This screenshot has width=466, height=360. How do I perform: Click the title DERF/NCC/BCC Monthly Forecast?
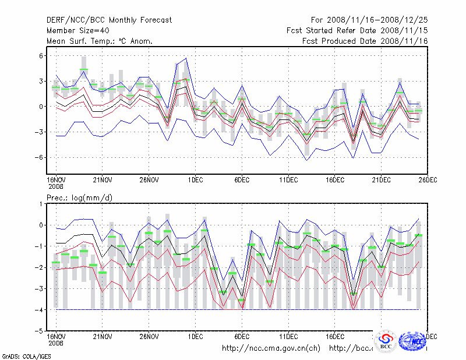[109, 20]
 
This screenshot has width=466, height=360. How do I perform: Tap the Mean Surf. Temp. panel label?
[100, 41]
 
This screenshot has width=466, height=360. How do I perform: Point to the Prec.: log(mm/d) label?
[79, 198]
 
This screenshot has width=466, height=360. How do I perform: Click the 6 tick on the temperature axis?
[41, 56]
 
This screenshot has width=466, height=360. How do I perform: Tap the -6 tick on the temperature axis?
[40, 157]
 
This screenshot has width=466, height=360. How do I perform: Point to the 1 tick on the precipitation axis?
[41, 204]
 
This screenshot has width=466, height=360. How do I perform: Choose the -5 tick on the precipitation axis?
[40, 331]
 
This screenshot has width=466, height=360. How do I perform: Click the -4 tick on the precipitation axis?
[40, 310]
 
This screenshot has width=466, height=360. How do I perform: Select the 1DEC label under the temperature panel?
[195, 179]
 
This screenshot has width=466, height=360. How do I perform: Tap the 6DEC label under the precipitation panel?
[242, 337]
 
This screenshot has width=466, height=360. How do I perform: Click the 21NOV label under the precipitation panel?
[103, 337]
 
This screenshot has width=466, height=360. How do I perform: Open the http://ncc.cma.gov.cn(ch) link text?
[271, 348]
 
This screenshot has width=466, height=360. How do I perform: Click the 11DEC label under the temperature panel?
[288, 179]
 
